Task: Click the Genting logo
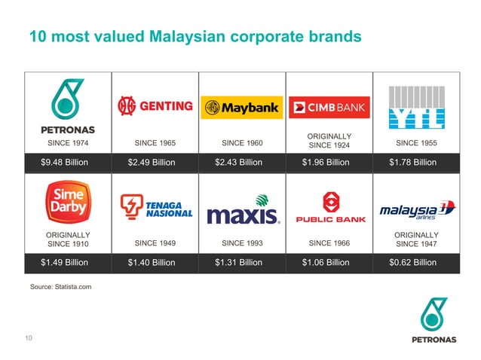point(155,106)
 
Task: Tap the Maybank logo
point(242,108)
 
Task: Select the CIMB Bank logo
point(329,108)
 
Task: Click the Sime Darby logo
point(68,201)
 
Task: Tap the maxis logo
point(242,212)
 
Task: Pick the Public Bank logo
point(329,207)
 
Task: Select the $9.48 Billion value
point(68,162)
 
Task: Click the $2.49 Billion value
point(155,162)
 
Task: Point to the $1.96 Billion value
point(329,162)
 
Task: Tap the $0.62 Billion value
point(416,263)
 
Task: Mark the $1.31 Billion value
point(242,263)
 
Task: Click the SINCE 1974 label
point(68,142)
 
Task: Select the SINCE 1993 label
point(242,243)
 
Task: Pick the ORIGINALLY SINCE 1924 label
point(329,140)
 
